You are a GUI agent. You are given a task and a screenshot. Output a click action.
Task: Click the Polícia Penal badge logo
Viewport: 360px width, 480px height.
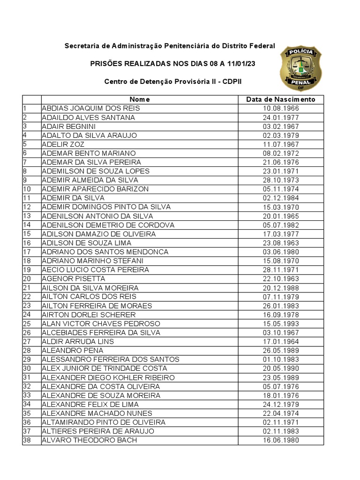coord(300,68)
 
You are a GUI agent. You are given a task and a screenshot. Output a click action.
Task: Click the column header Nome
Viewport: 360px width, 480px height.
coord(140,99)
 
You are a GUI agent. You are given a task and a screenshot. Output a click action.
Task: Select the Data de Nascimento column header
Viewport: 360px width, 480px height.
coord(281,99)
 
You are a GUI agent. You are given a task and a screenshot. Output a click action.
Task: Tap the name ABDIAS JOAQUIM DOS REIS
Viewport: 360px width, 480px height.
coord(91,108)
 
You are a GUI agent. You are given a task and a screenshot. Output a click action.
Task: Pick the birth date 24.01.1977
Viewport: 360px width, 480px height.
coord(281,118)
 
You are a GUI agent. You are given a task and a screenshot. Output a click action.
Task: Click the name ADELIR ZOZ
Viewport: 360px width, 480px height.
coord(63,144)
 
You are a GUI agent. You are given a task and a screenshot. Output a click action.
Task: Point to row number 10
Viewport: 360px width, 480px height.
coord(27,189)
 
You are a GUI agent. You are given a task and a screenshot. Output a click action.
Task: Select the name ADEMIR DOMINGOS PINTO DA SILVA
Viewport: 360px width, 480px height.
coord(106,207)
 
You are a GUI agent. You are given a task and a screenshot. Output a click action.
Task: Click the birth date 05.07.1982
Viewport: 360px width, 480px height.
coord(281,225)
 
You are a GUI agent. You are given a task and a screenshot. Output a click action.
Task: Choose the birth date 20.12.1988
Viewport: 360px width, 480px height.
coord(281,288)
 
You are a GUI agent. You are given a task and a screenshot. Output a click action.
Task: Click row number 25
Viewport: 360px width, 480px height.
coord(27,324)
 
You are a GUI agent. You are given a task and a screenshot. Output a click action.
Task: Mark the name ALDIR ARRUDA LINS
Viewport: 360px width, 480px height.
coord(78,342)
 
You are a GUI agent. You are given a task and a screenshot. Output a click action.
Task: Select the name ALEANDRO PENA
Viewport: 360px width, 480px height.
coord(73,351)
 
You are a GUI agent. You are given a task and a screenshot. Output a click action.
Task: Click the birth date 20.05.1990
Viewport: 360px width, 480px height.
coord(281,368)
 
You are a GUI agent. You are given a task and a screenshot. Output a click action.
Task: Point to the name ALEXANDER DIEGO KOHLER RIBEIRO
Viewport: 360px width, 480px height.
coord(108,378)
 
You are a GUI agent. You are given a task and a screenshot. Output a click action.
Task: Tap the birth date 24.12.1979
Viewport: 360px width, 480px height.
coord(281,405)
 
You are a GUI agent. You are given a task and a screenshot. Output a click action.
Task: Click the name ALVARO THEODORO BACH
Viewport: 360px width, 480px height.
coord(90,441)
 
